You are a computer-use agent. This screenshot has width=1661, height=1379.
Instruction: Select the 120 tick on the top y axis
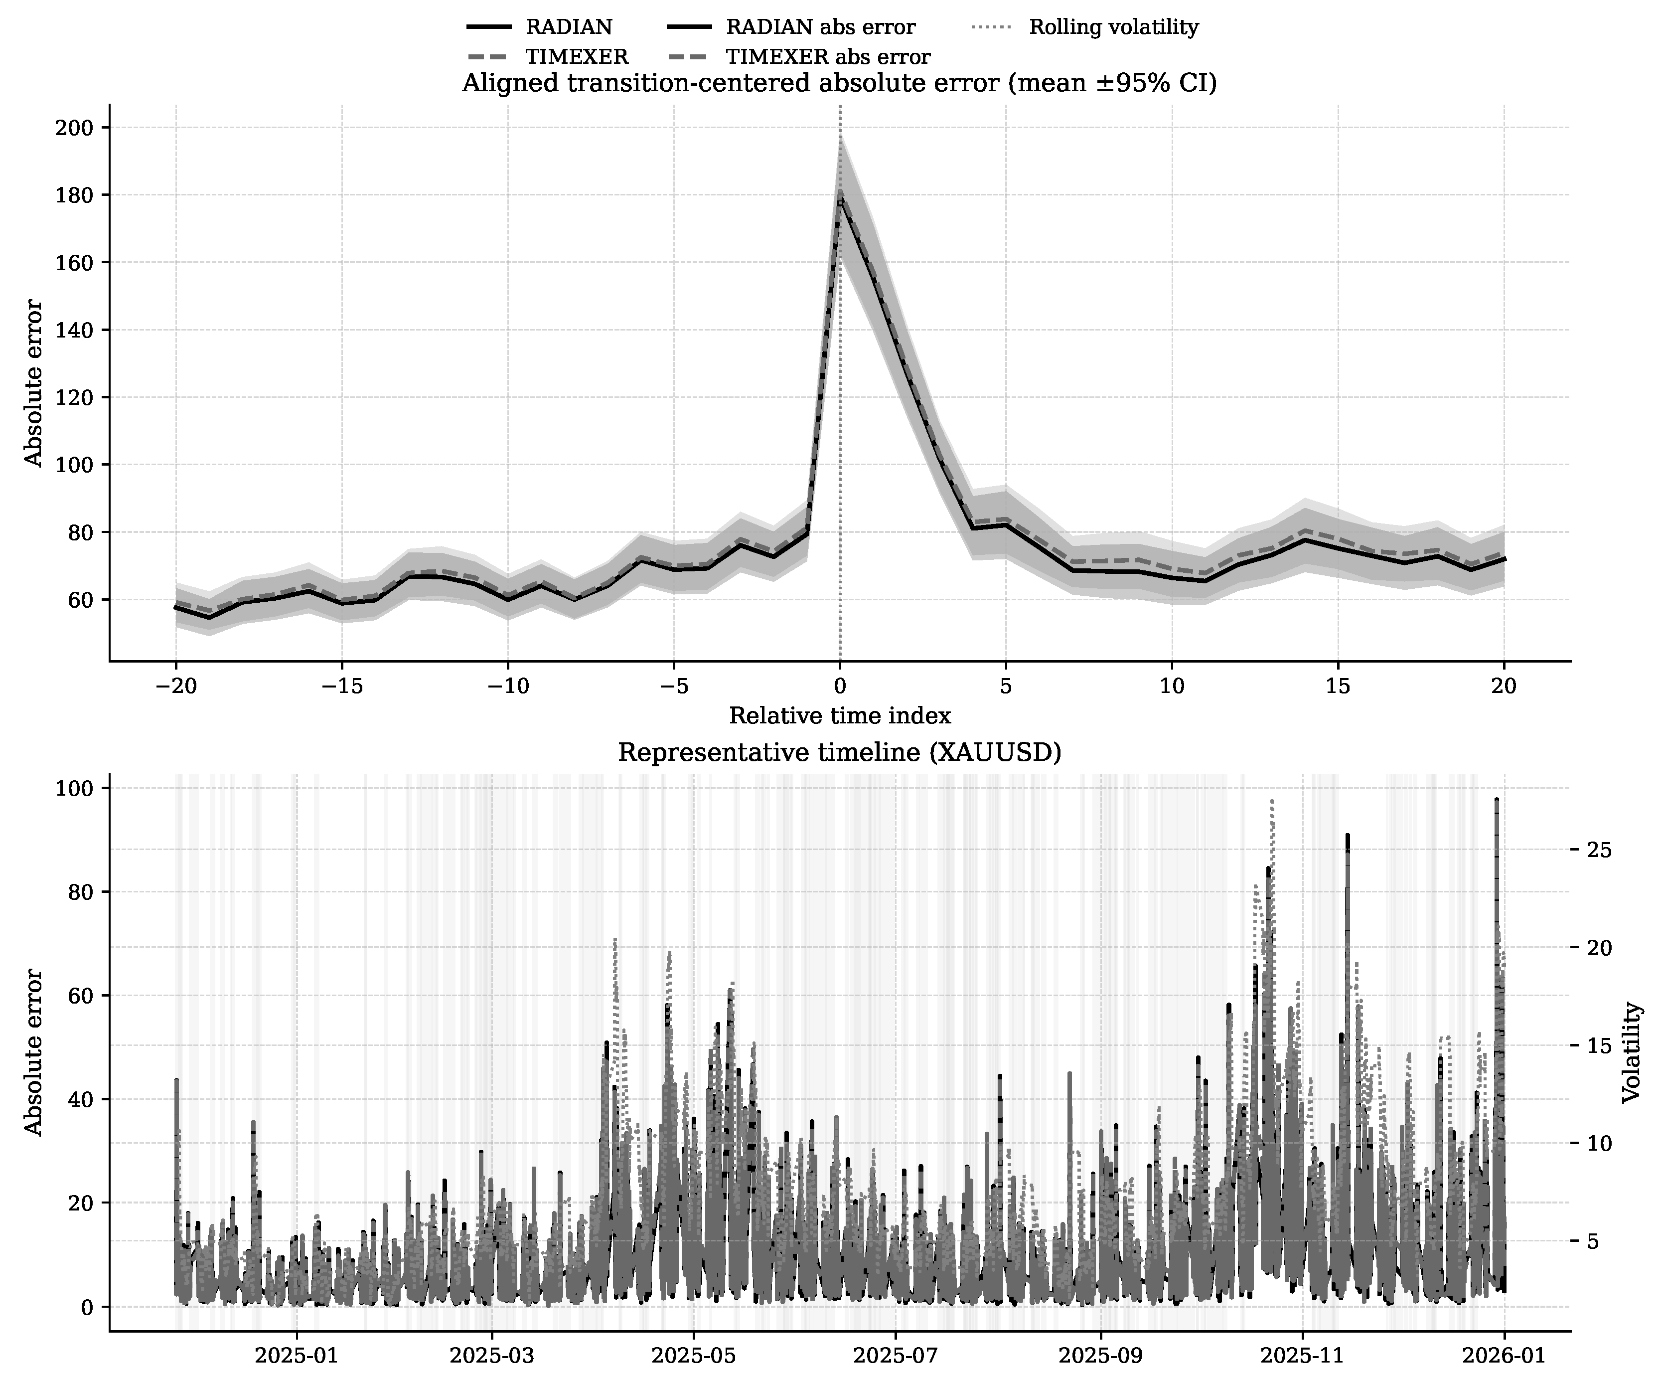point(74,397)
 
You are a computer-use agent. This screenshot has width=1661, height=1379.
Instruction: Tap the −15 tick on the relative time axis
point(341,686)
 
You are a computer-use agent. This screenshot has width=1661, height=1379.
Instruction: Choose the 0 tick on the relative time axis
point(840,686)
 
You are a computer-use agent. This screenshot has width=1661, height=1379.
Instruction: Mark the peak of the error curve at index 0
point(840,194)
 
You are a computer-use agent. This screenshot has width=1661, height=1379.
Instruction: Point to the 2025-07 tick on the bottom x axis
point(896,1355)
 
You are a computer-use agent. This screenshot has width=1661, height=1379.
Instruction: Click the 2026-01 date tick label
point(1504,1355)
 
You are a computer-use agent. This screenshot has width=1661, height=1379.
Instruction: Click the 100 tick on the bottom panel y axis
point(74,789)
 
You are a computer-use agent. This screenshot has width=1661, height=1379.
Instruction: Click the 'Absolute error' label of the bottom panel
point(33,1052)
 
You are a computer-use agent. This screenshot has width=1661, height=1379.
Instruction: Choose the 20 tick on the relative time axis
point(1504,686)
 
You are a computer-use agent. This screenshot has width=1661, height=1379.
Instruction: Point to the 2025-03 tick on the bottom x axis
point(491,1355)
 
